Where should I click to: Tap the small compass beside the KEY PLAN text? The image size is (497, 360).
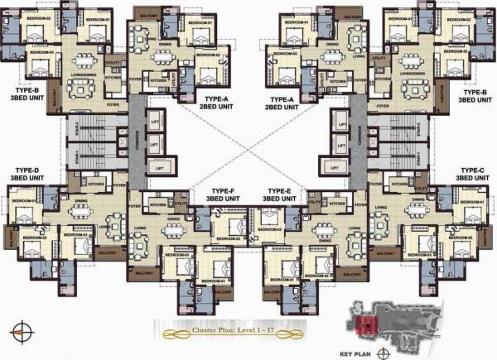pos(382,351)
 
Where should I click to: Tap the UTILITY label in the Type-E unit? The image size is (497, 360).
pos(313,202)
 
